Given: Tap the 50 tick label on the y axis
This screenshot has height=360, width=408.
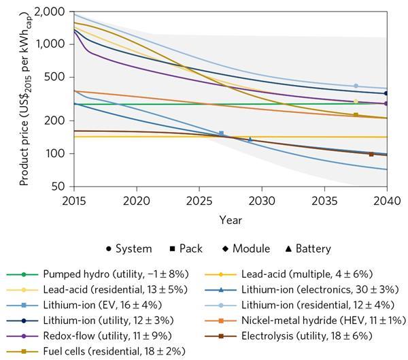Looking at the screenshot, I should [x=58, y=186].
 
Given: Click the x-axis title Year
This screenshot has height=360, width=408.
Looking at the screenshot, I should [x=230, y=220].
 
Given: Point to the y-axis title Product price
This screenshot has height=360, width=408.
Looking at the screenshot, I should [x=24, y=99].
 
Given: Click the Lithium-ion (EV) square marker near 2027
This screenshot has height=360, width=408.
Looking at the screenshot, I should [x=221, y=133].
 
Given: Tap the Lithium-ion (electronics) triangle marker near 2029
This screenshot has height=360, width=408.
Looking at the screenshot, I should [x=250, y=140].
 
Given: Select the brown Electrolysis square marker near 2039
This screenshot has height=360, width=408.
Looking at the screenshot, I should [x=371, y=154].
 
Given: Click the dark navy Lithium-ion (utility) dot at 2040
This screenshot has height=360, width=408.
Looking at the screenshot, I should [x=386, y=93].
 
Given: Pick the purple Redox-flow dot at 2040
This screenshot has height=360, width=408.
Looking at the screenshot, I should [x=386, y=103].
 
